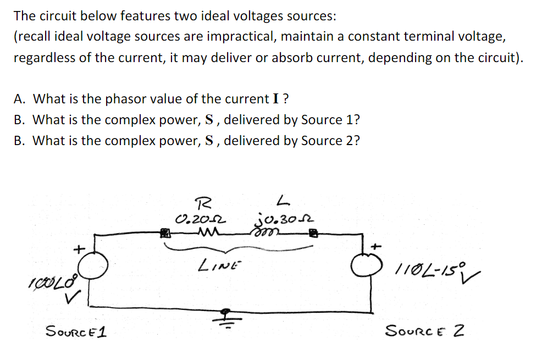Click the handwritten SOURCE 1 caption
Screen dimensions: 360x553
(76, 331)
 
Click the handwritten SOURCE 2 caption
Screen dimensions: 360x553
(425, 331)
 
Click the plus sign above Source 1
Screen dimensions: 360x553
(79, 248)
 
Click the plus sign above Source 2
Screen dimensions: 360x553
(377, 246)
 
